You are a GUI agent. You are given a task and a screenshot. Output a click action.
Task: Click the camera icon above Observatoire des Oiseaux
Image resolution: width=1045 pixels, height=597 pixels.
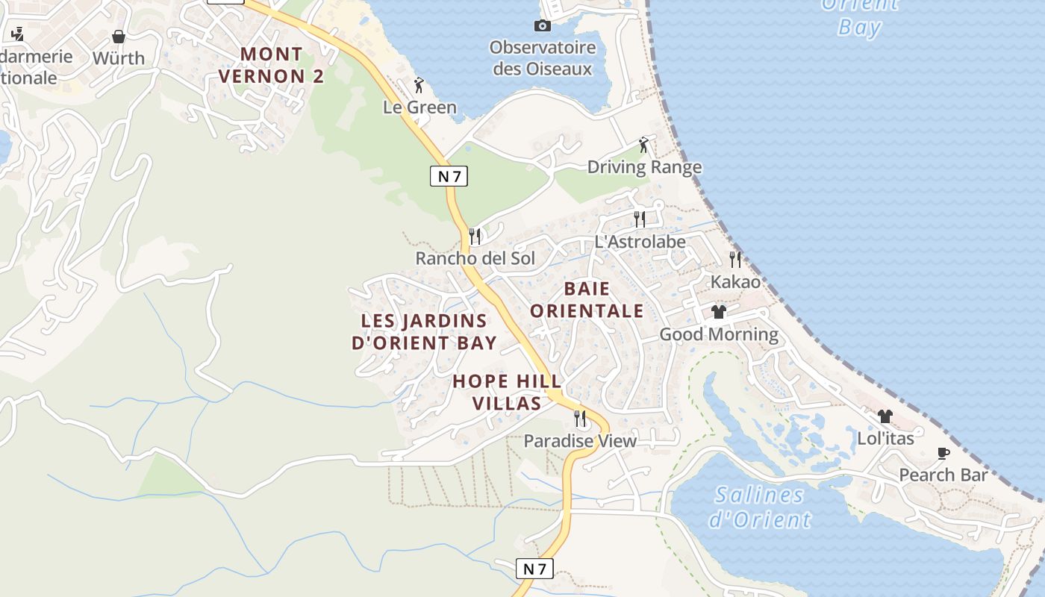click(x=543, y=26)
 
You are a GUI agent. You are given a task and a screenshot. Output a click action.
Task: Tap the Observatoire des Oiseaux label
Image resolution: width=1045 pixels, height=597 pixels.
click(x=543, y=58)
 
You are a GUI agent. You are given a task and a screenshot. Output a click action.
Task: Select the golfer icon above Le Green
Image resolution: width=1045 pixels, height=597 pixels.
click(x=419, y=84)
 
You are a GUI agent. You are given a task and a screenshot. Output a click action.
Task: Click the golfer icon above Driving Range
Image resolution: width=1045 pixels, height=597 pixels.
click(x=644, y=145)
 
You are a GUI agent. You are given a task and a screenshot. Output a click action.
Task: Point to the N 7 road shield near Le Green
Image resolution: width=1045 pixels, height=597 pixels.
click(x=449, y=176)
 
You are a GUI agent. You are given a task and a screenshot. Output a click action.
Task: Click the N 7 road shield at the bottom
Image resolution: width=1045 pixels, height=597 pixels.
click(x=534, y=569)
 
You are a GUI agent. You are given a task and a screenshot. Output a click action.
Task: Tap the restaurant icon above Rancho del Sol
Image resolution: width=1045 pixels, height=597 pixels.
click(x=475, y=237)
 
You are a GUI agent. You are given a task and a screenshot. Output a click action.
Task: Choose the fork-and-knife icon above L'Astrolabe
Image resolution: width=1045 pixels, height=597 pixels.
click(x=640, y=219)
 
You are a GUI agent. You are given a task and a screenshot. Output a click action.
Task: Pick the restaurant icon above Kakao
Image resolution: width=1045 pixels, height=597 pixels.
click(x=735, y=260)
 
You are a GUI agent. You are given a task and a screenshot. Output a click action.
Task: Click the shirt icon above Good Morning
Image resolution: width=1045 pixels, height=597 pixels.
click(x=719, y=312)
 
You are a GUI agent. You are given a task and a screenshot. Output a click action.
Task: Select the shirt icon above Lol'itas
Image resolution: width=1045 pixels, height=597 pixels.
click(x=885, y=416)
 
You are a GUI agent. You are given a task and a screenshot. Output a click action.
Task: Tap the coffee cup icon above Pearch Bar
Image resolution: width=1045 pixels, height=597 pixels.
click(x=943, y=453)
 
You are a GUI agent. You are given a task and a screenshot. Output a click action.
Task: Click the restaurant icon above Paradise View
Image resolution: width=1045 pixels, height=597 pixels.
click(x=580, y=418)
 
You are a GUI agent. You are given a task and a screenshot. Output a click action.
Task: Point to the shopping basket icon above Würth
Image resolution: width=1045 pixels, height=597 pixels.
click(x=119, y=36)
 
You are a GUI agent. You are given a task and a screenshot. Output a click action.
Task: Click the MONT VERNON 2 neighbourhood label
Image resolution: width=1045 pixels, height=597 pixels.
click(x=272, y=65)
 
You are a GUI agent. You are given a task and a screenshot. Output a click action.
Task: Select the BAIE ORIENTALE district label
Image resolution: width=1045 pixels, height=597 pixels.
click(x=587, y=299)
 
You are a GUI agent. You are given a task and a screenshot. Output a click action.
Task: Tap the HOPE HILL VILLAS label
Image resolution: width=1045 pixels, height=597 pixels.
click(x=507, y=393)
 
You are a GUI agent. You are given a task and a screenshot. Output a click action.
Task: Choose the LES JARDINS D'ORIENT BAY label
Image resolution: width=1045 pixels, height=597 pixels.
click(x=424, y=332)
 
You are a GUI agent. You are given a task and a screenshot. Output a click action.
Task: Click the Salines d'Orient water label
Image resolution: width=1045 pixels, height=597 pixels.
click(x=759, y=507)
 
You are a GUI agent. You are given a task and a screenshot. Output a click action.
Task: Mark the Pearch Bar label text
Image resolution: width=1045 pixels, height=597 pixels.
click(x=943, y=475)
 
